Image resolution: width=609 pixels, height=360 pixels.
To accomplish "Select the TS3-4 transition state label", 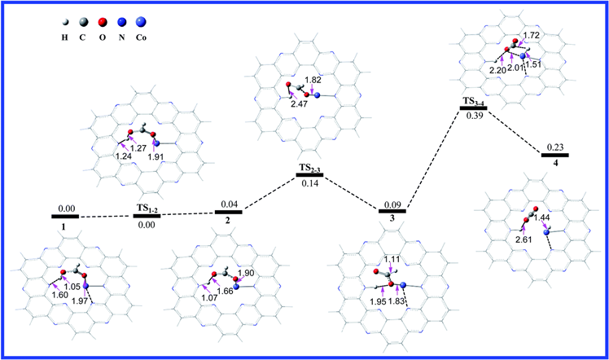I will tap(474, 99).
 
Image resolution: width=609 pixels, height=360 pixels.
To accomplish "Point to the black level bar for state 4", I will tap(554, 154).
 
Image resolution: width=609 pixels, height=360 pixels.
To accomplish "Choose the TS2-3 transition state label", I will tap(311, 168).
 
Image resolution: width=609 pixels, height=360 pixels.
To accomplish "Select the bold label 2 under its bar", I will tap(229, 222).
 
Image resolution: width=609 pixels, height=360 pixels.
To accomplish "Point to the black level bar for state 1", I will tap(65, 216).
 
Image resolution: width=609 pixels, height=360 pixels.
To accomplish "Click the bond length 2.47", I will tap(299, 104).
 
